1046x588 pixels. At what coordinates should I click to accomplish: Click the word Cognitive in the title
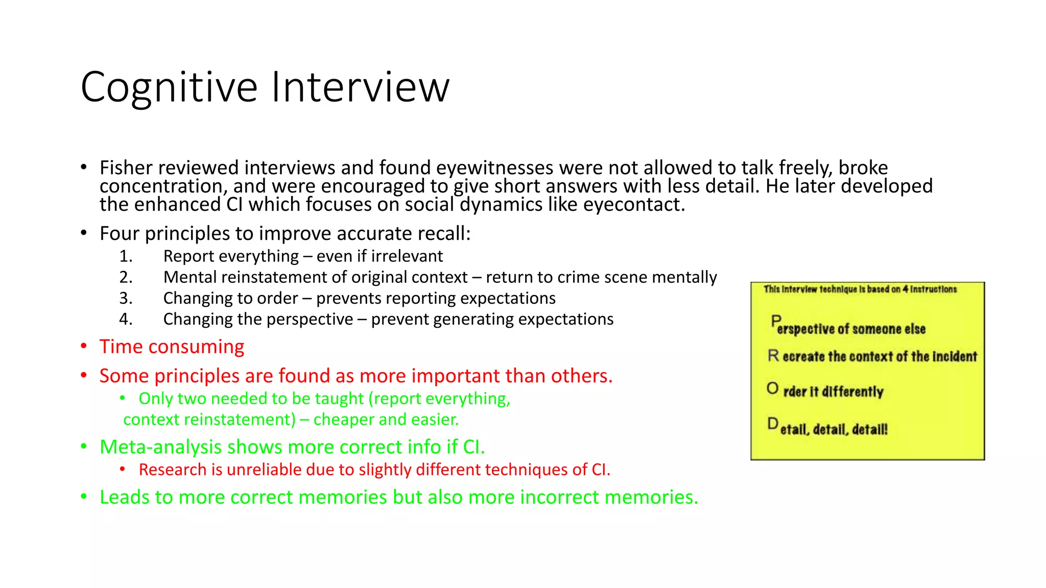(x=169, y=88)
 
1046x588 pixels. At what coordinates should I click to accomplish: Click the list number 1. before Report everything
(x=126, y=256)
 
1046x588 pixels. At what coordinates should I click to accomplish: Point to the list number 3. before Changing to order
(x=126, y=298)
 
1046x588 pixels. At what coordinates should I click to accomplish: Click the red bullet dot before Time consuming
(x=84, y=347)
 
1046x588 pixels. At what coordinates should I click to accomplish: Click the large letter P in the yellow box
(x=776, y=322)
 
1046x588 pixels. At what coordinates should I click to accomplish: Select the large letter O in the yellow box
(x=772, y=389)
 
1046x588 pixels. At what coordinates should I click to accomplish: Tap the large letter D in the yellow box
(x=773, y=424)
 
